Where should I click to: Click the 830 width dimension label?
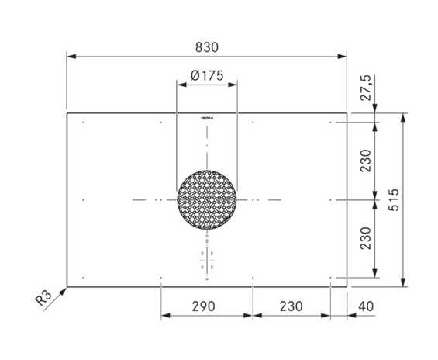(x=207, y=47)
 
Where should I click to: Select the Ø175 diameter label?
(x=207, y=75)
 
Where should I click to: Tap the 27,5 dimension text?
(x=367, y=88)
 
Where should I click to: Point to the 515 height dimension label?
(x=394, y=200)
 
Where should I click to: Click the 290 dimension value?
(x=203, y=306)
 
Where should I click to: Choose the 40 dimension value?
(x=366, y=306)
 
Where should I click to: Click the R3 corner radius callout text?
(x=43, y=298)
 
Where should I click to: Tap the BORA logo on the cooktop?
(x=207, y=118)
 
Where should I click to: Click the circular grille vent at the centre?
(x=207, y=200)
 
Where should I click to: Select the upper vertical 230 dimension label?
(x=366, y=161)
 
